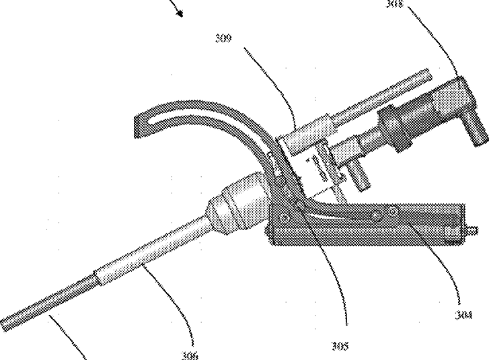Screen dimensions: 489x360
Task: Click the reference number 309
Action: pyautogui.click(x=225, y=38)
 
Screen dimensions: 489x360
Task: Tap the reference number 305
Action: pyautogui.click(x=340, y=347)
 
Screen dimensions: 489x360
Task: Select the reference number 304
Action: pyautogui.click(x=463, y=314)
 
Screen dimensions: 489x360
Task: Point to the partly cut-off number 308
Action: pyautogui.click(x=395, y=3)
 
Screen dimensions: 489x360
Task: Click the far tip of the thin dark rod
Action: pyautogui.click(x=5, y=326)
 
